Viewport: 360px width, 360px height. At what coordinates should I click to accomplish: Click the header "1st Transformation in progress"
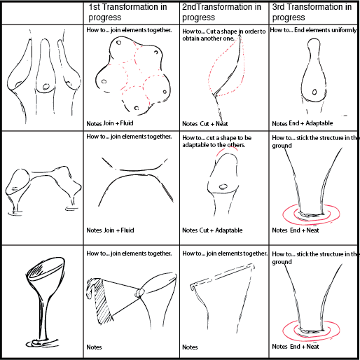pyautogui.click(x=127, y=12)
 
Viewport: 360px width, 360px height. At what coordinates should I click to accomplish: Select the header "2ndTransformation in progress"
pyautogui.click(x=221, y=12)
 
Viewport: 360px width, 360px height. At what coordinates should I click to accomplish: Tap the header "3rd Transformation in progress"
pyautogui.click(x=312, y=12)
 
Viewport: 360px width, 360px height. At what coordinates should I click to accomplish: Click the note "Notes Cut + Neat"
pyautogui.click(x=205, y=124)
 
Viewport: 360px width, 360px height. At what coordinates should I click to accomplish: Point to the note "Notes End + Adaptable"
pyautogui.click(x=303, y=123)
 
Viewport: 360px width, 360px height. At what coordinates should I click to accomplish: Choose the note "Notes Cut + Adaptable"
pyautogui.click(x=212, y=230)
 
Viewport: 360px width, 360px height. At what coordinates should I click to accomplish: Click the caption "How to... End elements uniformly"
pyautogui.click(x=313, y=30)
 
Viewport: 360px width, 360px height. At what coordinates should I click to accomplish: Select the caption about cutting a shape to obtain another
pyautogui.click(x=224, y=35)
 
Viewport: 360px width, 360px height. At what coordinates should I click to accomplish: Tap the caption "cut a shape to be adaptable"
pyautogui.click(x=217, y=141)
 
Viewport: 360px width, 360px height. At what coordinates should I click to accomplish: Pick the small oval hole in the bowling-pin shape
pyautogui.click(x=314, y=92)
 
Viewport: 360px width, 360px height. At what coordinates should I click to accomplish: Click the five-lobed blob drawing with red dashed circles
pyautogui.click(x=133, y=76)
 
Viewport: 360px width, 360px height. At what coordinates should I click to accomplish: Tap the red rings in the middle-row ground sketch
pyautogui.click(x=311, y=214)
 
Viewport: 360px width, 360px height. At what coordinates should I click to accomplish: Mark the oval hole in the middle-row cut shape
pyautogui.click(x=223, y=186)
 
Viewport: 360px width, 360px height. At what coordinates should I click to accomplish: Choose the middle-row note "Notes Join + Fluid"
pyautogui.click(x=110, y=230)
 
